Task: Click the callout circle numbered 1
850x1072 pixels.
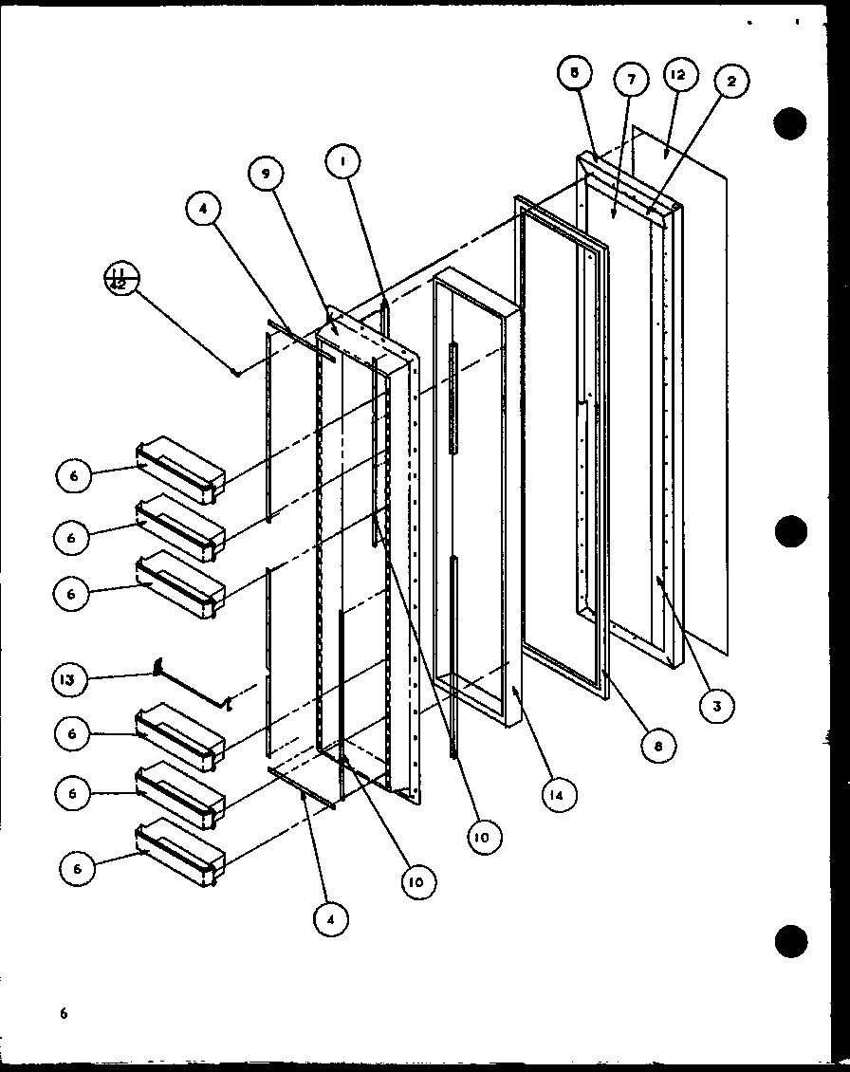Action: (x=342, y=163)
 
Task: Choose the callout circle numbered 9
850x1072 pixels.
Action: (x=267, y=174)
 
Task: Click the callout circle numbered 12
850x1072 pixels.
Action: (x=680, y=75)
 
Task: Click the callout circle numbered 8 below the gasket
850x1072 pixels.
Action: (x=656, y=746)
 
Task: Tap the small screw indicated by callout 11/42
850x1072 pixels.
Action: (x=236, y=372)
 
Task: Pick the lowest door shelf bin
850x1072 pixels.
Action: (x=181, y=851)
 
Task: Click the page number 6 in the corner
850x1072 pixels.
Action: (x=64, y=1013)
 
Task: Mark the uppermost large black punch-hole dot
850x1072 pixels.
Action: (x=790, y=124)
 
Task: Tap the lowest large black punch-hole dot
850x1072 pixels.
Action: (x=790, y=942)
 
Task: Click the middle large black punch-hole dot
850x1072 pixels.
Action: (x=790, y=532)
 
